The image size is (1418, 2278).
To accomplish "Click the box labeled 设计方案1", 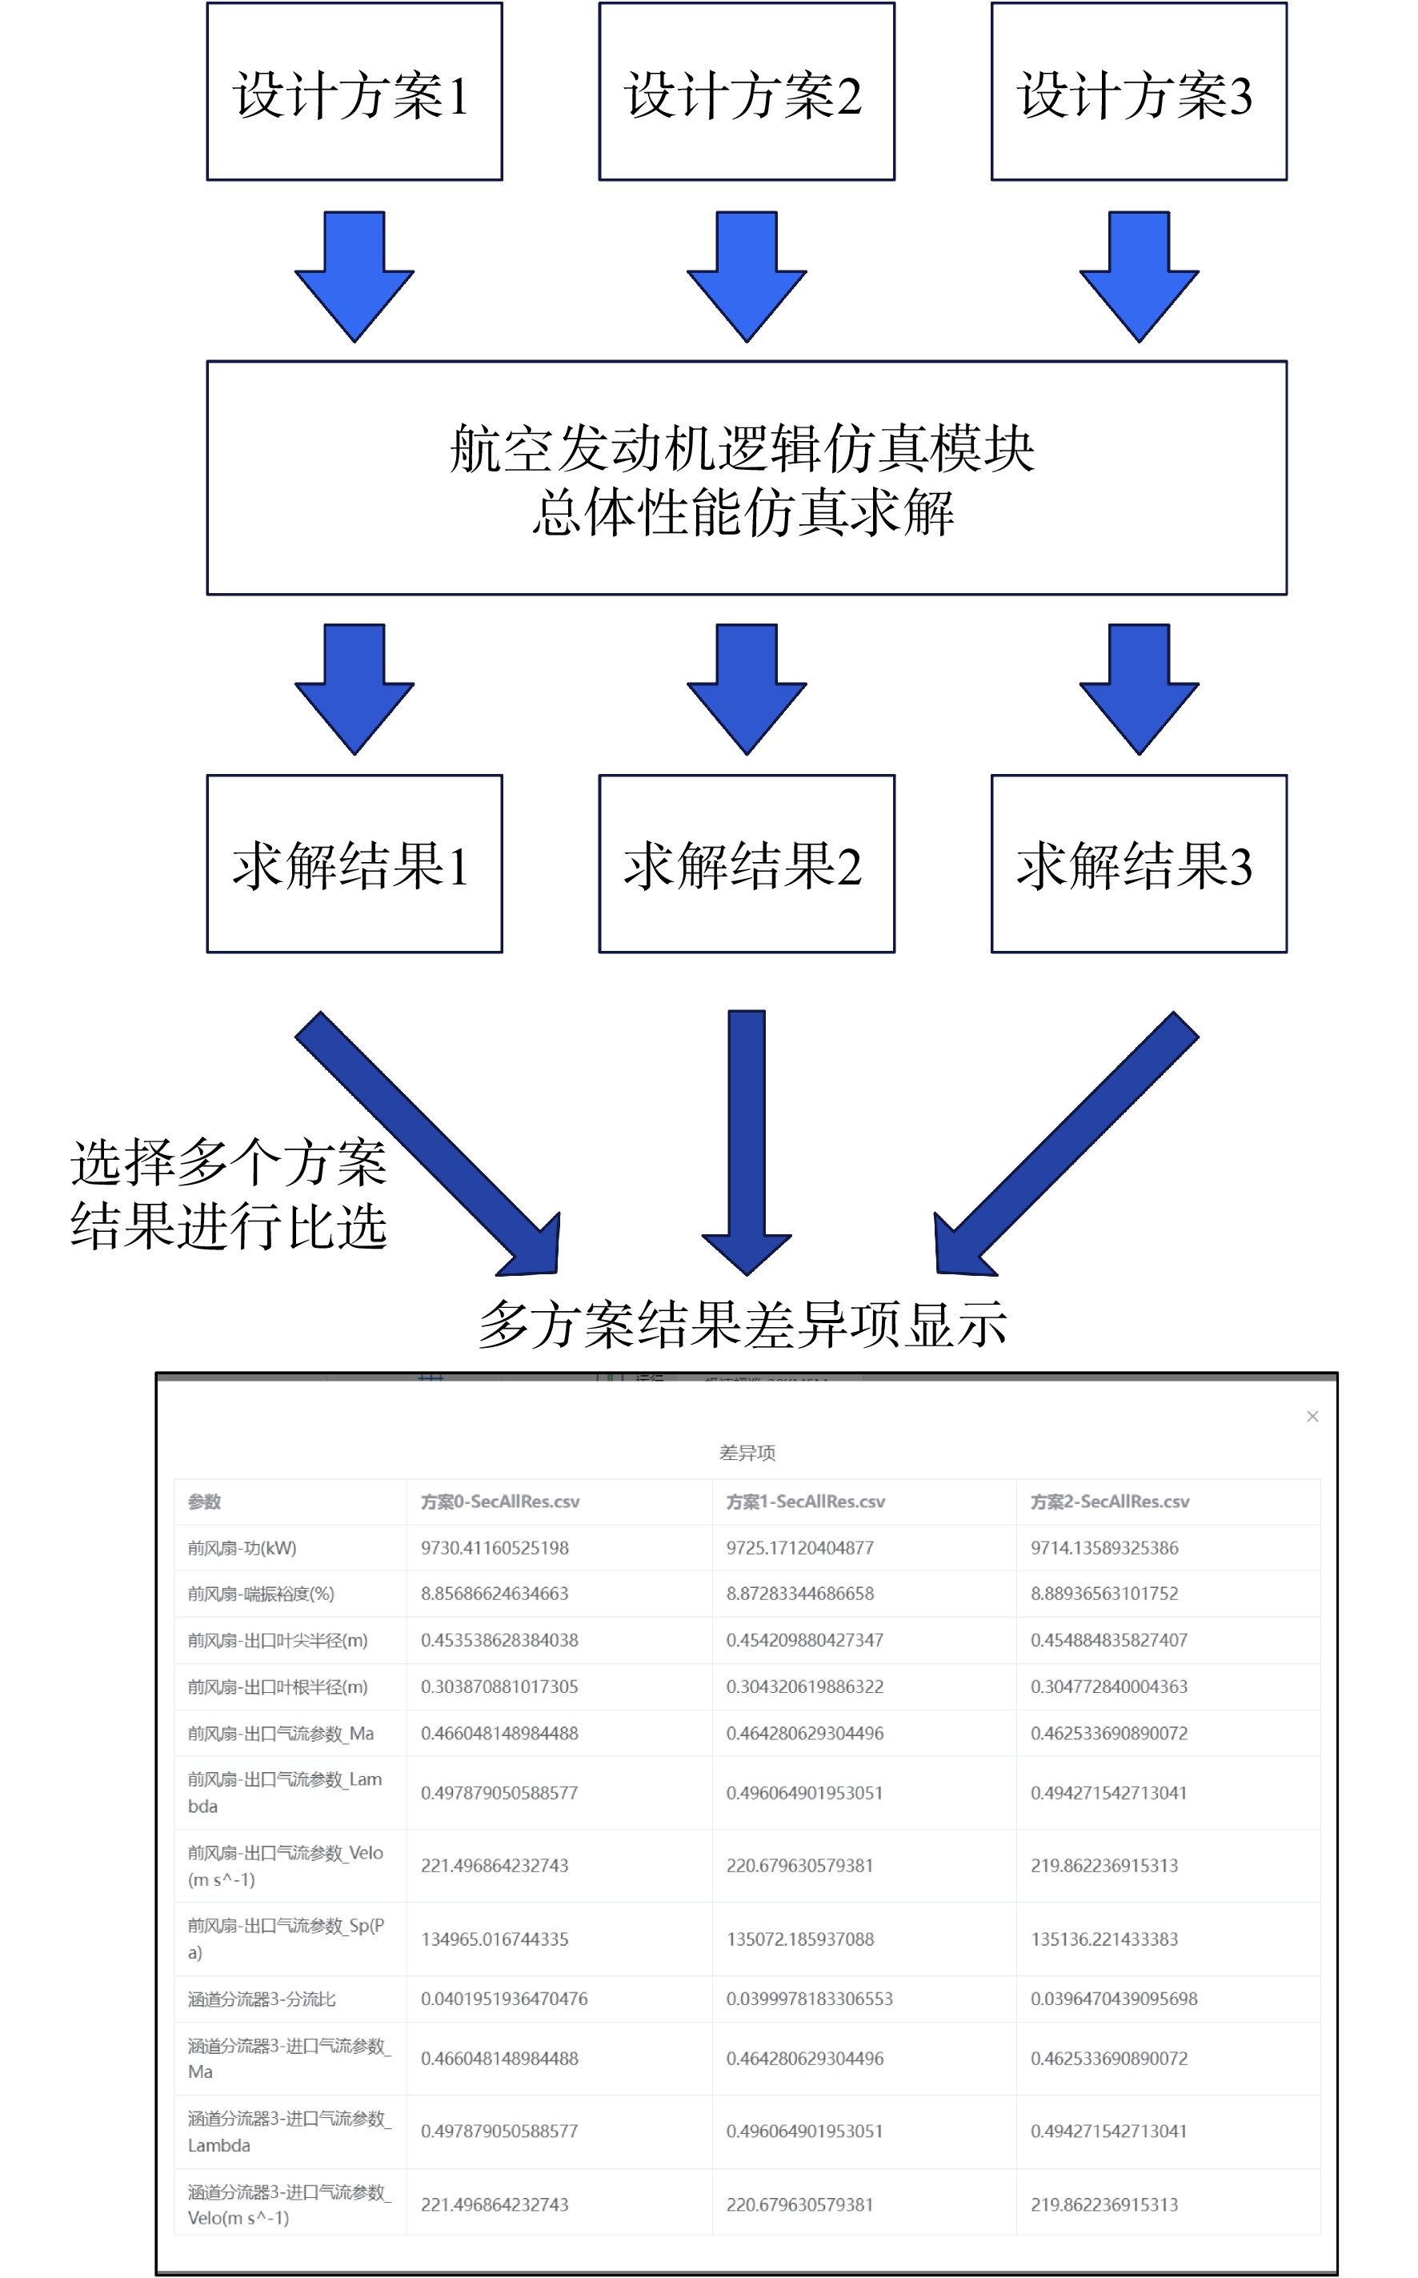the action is pyautogui.click(x=354, y=91).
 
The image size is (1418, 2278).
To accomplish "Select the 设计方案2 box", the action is pyautogui.click(x=747, y=91).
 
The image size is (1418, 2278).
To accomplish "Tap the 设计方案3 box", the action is pyautogui.click(x=1139, y=91).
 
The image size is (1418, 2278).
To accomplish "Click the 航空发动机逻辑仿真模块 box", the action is pyautogui.click(x=747, y=477).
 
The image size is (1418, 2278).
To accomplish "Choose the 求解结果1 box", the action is pyautogui.click(x=354, y=864).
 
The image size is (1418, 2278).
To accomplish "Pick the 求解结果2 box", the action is pyautogui.click(x=747, y=864).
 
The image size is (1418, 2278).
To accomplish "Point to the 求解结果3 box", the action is pyautogui.click(x=1139, y=864).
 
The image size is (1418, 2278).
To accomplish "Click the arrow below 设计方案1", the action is pyautogui.click(x=354, y=277).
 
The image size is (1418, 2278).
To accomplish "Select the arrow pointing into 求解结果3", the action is pyautogui.click(x=1139, y=689).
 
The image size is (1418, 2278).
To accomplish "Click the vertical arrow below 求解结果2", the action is pyautogui.click(x=747, y=1142).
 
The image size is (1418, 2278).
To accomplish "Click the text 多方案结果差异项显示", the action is pyautogui.click(x=743, y=1324).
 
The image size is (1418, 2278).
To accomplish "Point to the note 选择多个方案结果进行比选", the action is pyautogui.click(x=228, y=1194).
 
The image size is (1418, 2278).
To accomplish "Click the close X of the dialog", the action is pyautogui.click(x=1312, y=1416).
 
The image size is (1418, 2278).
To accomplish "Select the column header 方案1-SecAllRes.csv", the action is pyautogui.click(x=806, y=1502).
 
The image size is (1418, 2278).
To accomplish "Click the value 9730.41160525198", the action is pyautogui.click(x=495, y=1547).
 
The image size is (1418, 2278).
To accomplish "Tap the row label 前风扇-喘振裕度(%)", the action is pyautogui.click(x=261, y=1594).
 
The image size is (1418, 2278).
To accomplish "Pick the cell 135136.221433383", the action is pyautogui.click(x=1104, y=1939).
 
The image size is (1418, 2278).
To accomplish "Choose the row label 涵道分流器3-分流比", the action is pyautogui.click(x=262, y=1999).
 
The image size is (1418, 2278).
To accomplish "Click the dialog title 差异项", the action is pyautogui.click(x=747, y=1453).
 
